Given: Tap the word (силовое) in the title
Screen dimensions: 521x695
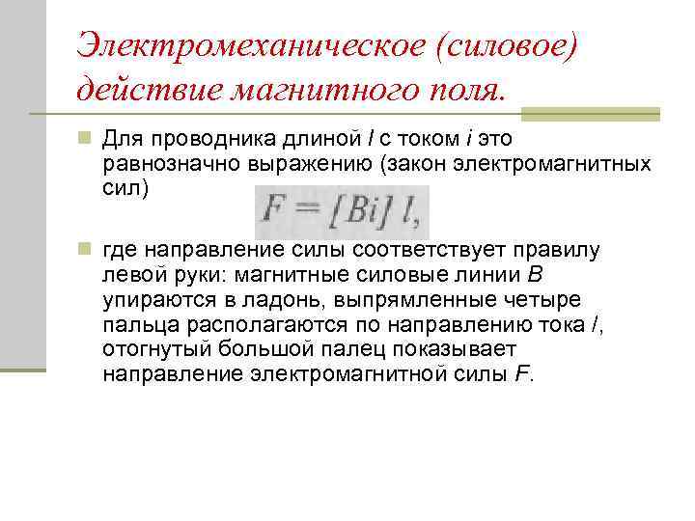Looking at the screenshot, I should [503, 45].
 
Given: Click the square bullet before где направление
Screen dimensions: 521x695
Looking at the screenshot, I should [85, 250].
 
